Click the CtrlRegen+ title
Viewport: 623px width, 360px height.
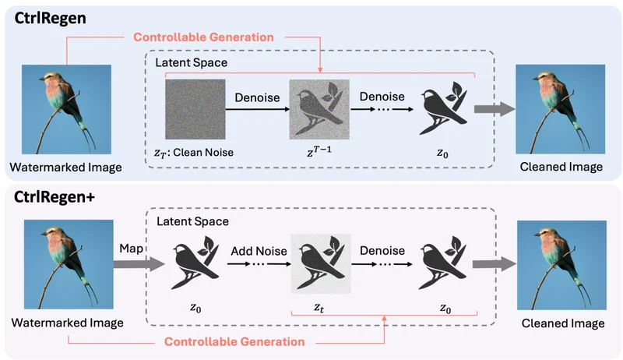[x=54, y=197]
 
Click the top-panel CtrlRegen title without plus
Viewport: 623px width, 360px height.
[x=50, y=18]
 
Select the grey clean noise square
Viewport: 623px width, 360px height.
[x=195, y=109]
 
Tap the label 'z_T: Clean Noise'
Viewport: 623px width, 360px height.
[x=194, y=153]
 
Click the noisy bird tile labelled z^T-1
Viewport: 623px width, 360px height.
[x=319, y=109]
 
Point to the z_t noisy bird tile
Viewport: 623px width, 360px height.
[x=321, y=264]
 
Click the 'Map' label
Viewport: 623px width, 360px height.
[x=131, y=249]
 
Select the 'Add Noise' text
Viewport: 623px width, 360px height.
[x=259, y=251]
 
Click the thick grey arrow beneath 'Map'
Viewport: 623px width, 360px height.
[x=139, y=264]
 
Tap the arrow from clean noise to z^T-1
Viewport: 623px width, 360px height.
[x=258, y=109]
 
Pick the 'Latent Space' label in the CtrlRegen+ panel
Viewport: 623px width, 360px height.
[x=192, y=221]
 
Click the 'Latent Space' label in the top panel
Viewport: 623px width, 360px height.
[x=192, y=63]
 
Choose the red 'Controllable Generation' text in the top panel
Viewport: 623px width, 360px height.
[x=203, y=37]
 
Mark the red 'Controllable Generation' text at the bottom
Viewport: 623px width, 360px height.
[x=234, y=342]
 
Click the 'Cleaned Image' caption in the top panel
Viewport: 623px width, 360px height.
[x=561, y=167]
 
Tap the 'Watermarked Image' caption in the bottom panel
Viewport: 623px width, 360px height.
[x=68, y=323]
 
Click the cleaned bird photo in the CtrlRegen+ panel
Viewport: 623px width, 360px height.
[x=561, y=265]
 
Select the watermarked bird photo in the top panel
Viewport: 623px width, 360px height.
[x=66, y=109]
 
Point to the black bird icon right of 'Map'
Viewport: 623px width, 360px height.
[x=195, y=263]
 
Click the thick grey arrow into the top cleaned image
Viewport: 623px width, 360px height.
[x=495, y=109]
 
